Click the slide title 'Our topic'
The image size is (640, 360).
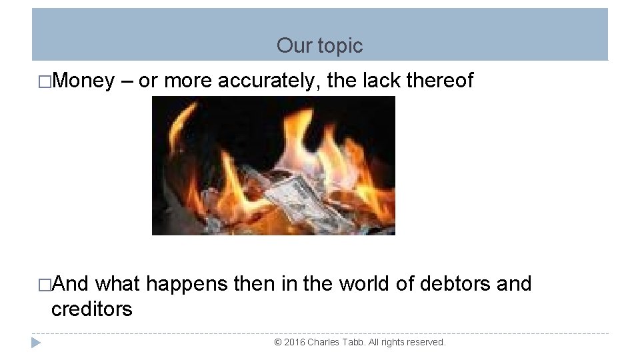319,46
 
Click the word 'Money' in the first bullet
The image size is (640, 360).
83,81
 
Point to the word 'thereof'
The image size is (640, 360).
440,81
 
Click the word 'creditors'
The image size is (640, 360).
92,309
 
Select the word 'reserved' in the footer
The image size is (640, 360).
425,342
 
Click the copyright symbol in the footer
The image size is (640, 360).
278,342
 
